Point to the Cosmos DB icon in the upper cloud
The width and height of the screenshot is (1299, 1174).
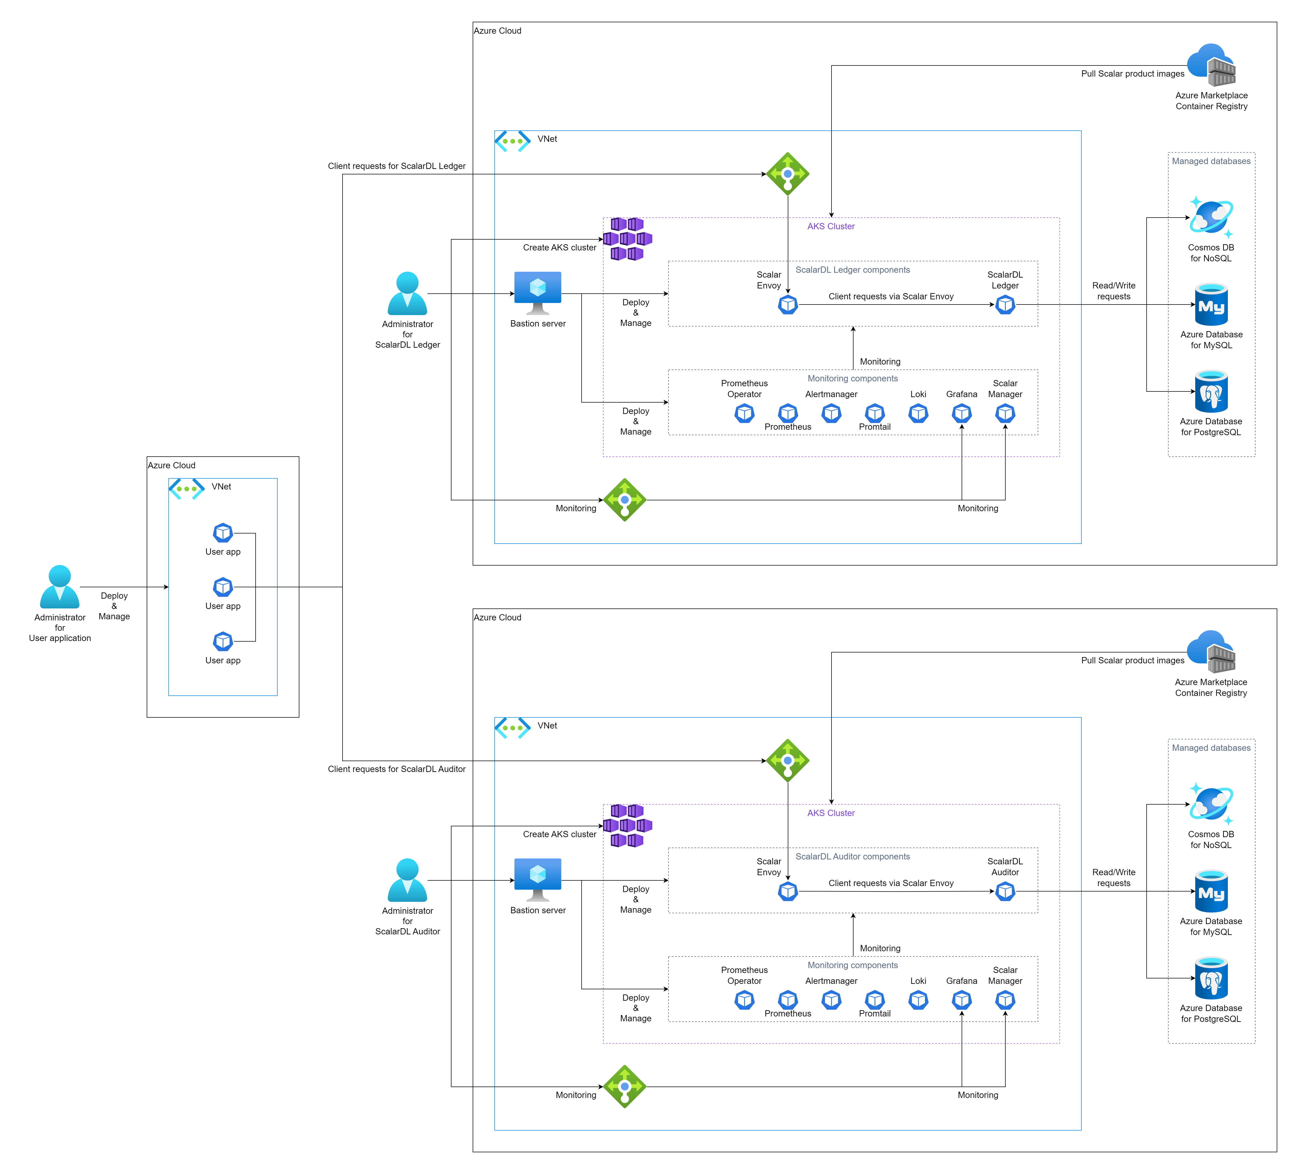[x=1211, y=217]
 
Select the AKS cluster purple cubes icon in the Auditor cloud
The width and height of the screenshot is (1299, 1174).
[x=627, y=825]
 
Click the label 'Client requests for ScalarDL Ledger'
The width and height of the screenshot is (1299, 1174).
[x=396, y=166]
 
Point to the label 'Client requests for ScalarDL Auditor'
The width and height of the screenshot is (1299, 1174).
[x=396, y=769]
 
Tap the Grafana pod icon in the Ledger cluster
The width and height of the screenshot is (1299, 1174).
[x=961, y=413]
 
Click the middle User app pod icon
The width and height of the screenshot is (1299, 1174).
[x=223, y=587]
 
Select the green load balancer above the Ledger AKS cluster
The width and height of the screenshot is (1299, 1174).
[x=787, y=174]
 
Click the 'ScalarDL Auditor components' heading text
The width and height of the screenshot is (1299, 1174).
[x=852, y=856]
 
